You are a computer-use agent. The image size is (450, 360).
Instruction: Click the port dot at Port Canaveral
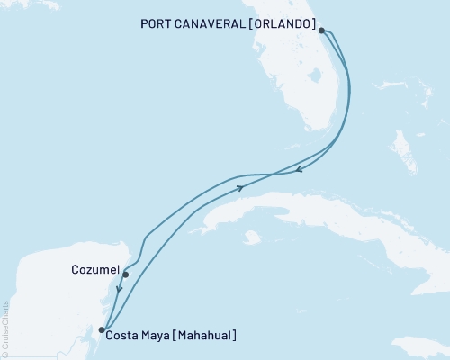[322, 30]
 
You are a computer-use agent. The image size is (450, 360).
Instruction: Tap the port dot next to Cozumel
[125, 274]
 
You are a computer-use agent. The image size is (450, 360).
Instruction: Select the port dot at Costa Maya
[101, 329]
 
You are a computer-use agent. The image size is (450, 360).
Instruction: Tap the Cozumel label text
[93, 268]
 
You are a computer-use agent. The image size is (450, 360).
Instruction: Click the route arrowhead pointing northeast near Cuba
[241, 187]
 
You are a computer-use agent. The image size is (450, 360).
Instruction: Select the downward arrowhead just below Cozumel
[119, 290]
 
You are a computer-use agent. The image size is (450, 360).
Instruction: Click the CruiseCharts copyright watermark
[5, 329]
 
